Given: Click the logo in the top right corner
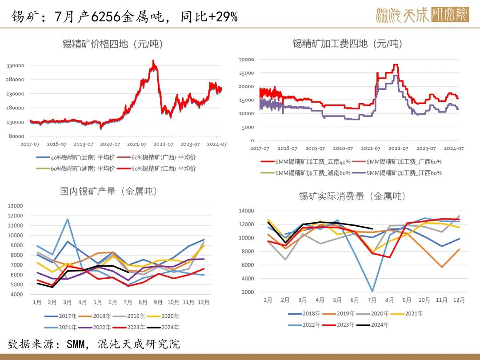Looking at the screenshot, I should tap(422, 16).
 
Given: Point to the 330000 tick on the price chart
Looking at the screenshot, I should tap(15, 66).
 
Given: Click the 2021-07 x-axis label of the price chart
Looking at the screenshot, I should tap(136, 144).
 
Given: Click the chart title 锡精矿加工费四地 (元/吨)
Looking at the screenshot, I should tap(347, 44).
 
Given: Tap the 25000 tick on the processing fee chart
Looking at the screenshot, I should tap(246, 73).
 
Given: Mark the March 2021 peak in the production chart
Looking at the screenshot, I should tap(68, 219).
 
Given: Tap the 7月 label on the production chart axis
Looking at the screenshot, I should tap(128, 302).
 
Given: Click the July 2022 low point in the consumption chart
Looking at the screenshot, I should tap(372, 291).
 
